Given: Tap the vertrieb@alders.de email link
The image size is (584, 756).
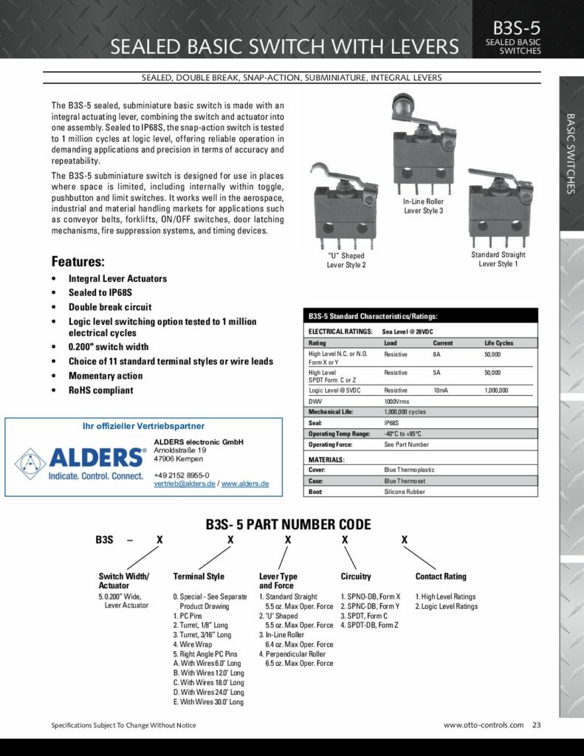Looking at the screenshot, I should pyautogui.click(x=185, y=484).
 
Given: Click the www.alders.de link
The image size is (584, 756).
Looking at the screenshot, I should pyautogui.click(x=245, y=484).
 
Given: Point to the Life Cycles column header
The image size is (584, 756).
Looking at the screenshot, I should pyautogui.click(x=498, y=343).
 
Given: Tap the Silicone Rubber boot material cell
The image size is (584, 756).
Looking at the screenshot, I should pyautogui.click(x=405, y=492).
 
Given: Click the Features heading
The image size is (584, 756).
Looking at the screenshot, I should pyautogui.click(x=78, y=261).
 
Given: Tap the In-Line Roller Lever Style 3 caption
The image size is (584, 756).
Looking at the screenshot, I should pyautogui.click(x=423, y=206).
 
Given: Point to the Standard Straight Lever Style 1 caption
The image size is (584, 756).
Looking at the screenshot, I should pyautogui.click(x=498, y=259).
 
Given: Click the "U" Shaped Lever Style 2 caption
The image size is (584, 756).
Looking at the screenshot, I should pyautogui.click(x=346, y=261).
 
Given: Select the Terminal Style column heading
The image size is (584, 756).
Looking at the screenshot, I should pyautogui.click(x=199, y=577).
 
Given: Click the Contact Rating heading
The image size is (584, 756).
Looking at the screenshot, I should pyautogui.click(x=441, y=577).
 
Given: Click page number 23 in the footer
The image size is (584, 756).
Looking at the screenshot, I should pyautogui.click(x=536, y=725).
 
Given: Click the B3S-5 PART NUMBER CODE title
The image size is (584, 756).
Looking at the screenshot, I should pyautogui.click(x=288, y=526).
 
